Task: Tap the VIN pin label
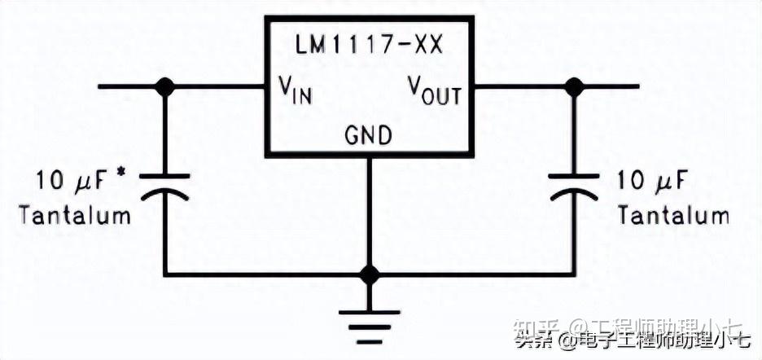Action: [294, 90]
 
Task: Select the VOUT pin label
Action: [434, 90]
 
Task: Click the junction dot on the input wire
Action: [165, 86]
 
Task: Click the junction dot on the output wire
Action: [575, 86]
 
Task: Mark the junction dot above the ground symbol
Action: [370, 274]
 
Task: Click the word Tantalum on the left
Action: [75, 216]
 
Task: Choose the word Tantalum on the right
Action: [672, 216]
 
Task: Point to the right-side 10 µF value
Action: [654, 180]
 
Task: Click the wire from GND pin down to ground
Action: [370, 212]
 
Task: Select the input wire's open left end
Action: [101, 86]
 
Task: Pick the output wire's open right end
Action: [637, 86]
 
